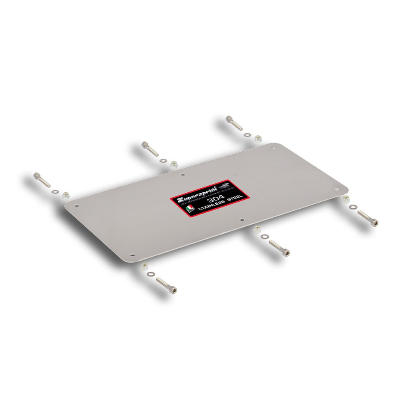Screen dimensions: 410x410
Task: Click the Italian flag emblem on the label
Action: point(188,209)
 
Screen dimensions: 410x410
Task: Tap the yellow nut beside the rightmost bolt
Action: point(345,199)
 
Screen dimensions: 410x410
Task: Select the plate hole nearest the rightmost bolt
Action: point(336,189)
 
